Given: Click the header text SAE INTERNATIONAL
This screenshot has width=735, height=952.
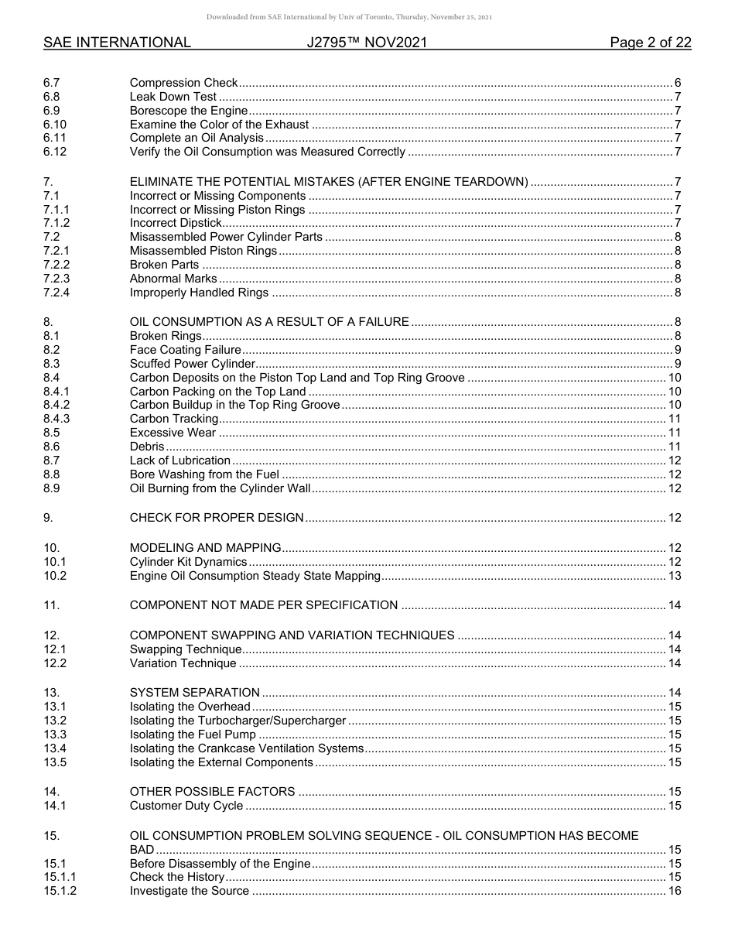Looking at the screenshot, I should [x=117, y=43].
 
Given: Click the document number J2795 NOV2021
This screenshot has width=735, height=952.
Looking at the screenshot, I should [x=367, y=43].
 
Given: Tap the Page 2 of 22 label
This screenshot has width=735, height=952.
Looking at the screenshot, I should [x=650, y=43].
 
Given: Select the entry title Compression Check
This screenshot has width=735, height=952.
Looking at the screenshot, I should [x=183, y=83].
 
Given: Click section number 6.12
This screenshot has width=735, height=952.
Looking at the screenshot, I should [x=55, y=152].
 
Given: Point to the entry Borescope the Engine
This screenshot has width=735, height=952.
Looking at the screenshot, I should [x=188, y=111].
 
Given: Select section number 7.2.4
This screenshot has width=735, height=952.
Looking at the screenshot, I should [x=56, y=293].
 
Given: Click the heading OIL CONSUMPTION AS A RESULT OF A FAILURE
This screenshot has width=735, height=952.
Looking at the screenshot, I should [x=269, y=322].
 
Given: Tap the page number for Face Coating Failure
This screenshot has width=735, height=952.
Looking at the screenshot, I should [x=677, y=350].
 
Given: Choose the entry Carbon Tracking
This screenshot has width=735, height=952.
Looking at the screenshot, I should [x=173, y=419].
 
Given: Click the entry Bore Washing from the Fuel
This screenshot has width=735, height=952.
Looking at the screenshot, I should [x=204, y=474].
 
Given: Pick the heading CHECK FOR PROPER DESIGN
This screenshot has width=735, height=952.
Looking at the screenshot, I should [x=217, y=518].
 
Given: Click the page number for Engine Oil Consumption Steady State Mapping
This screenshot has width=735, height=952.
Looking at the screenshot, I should [x=674, y=576].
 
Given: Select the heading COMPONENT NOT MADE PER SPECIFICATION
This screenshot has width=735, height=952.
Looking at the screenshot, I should [x=264, y=605].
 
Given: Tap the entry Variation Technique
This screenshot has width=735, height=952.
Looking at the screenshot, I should [x=183, y=663].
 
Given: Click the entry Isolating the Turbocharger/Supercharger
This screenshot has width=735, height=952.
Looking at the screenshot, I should [x=238, y=721].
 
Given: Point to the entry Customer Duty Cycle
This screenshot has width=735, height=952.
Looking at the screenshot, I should [x=186, y=806].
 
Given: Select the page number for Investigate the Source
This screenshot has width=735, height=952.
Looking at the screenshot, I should [x=674, y=891].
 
